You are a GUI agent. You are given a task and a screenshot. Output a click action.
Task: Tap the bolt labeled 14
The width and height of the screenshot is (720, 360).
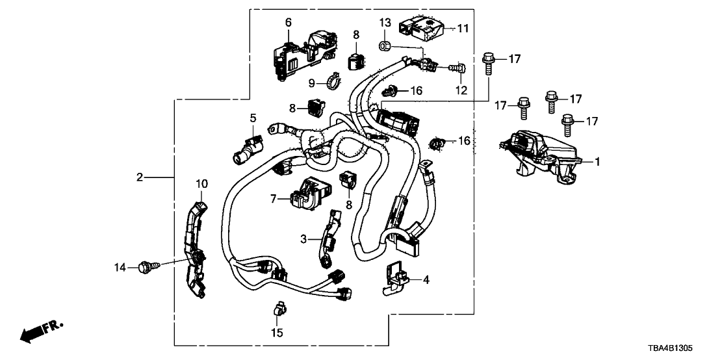146,265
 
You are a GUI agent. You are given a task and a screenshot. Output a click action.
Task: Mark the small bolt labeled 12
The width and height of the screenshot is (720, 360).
459,67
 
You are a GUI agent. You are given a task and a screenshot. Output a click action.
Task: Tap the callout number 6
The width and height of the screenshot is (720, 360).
288,23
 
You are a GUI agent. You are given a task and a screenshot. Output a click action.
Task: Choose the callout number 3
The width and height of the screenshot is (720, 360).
302,238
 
